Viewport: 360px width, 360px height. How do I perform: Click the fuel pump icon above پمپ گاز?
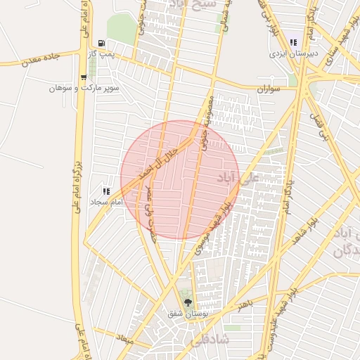point(101,43)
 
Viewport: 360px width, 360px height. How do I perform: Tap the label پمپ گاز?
point(101,54)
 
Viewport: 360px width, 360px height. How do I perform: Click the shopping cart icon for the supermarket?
point(84,78)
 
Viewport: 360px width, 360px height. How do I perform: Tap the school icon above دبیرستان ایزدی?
point(292,43)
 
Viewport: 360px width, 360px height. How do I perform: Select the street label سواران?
point(268,90)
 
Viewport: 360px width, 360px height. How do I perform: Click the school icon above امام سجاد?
point(106,191)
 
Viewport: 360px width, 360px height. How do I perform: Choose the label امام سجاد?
point(106,202)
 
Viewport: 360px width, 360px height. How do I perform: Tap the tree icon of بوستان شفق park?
point(187,302)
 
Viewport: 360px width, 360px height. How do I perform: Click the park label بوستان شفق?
point(187,314)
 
